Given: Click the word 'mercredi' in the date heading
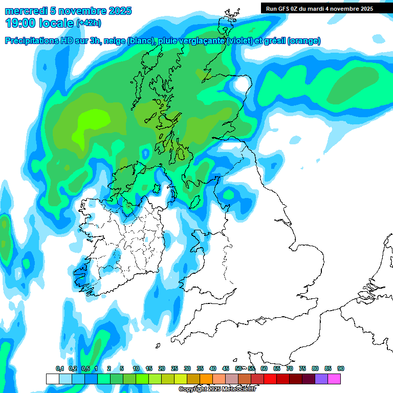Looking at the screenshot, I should point(24,11).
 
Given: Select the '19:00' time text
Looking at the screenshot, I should point(20,23).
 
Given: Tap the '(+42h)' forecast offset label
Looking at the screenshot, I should point(89,23).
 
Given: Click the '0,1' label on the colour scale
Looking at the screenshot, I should point(60,369).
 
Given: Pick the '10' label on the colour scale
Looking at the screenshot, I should point(136,369).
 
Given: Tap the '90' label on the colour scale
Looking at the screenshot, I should point(340,369).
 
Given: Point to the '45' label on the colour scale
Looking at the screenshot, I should point(226,369).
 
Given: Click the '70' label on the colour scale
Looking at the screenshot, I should point(290,369).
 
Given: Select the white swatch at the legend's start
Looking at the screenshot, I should point(52,379).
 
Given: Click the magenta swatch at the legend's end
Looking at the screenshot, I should point(334,379).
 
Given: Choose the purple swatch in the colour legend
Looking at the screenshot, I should point(321,379).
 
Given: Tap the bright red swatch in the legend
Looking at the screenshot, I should point(270,379).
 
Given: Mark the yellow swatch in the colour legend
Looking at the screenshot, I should point(180,379).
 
